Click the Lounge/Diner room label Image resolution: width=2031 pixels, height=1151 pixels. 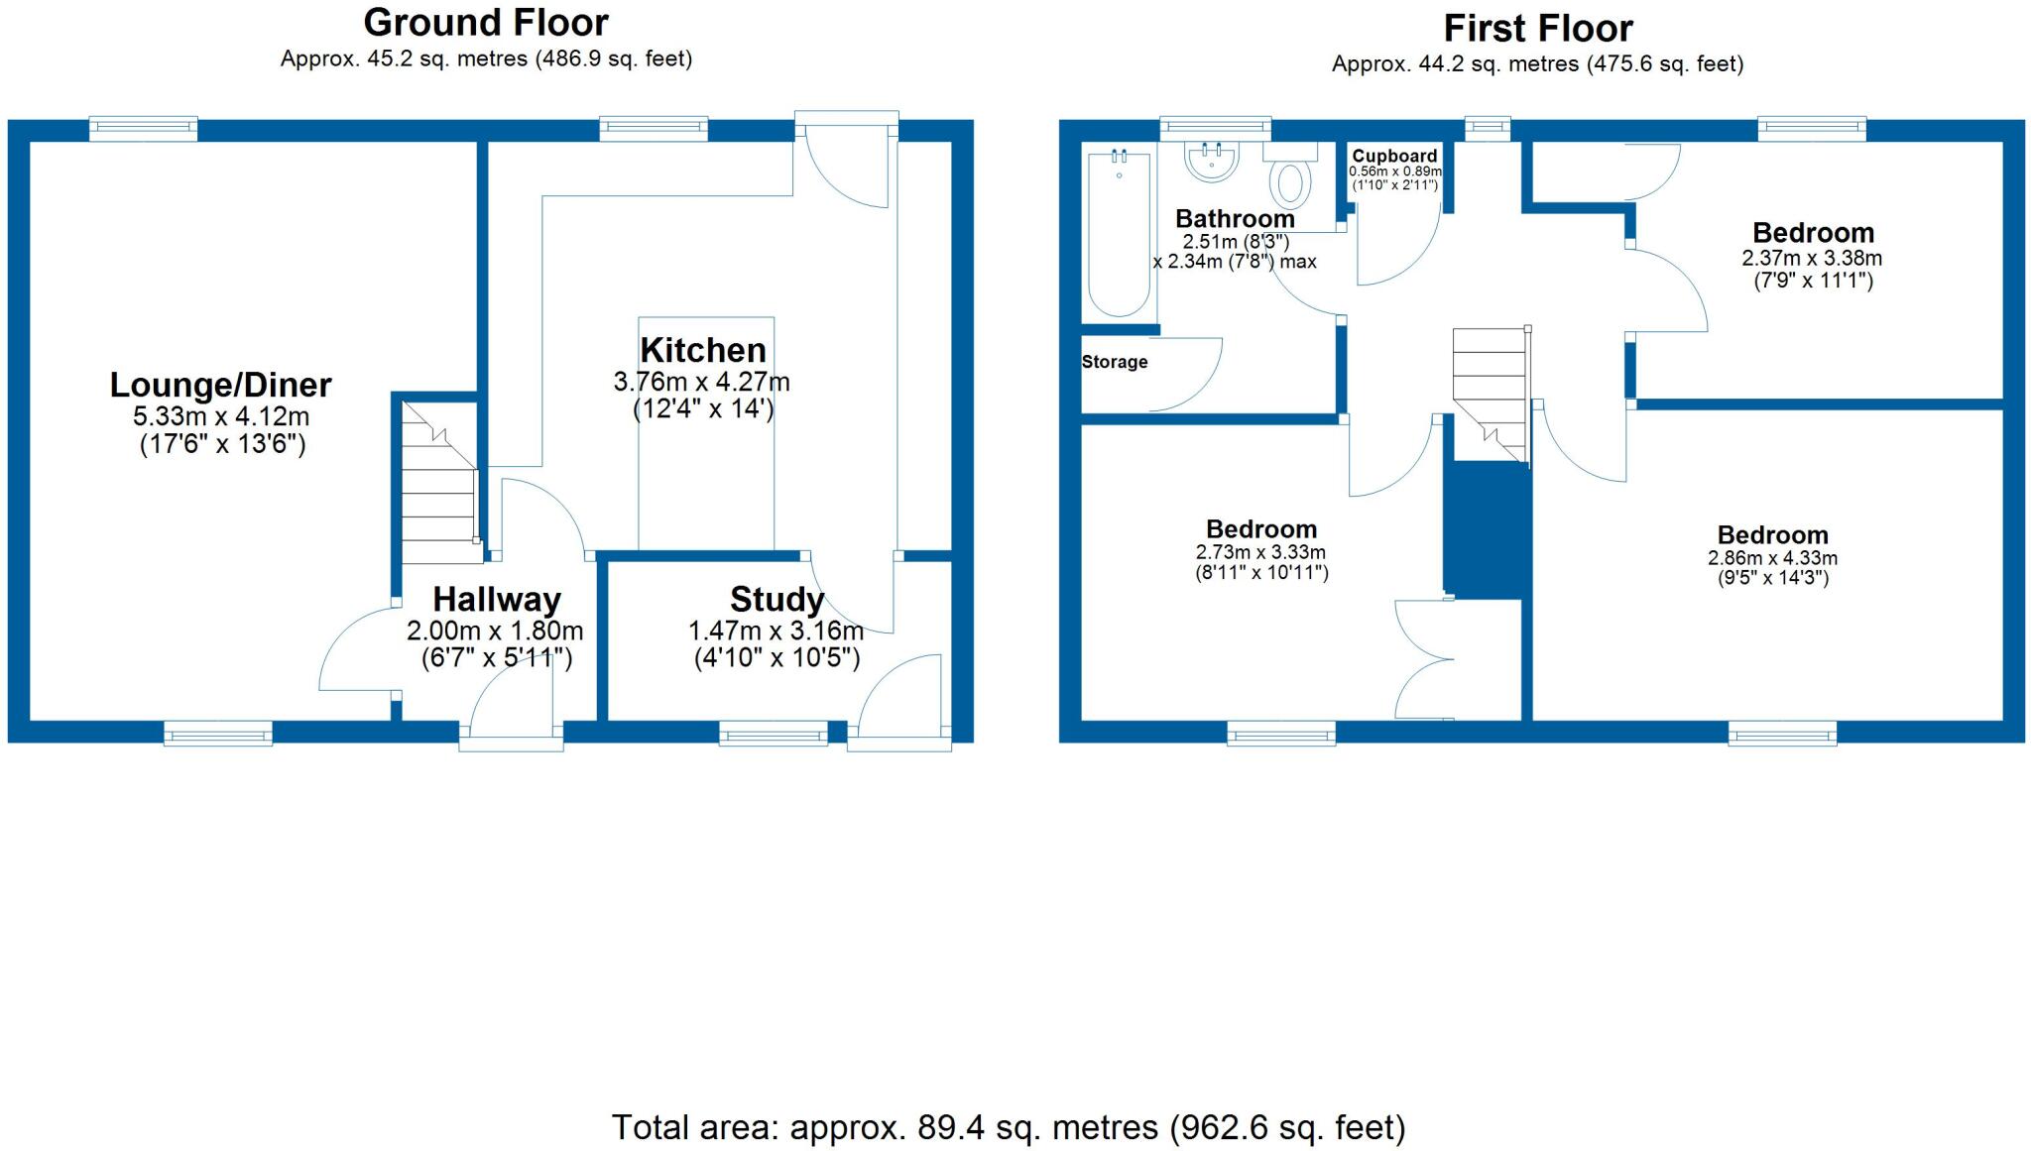(x=220, y=385)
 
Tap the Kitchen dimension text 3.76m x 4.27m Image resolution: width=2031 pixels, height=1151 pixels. (x=701, y=382)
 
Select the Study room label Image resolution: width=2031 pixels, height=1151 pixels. (x=777, y=600)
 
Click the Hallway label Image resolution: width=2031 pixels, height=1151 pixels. (x=496, y=600)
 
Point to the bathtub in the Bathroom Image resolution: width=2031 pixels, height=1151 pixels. (x=1119, y=233)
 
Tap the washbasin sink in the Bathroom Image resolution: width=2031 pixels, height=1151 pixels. (x=1212, y=162)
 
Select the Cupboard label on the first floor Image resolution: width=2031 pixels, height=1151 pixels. (x=1394, y=157)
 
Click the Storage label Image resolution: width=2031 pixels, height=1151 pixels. (x=1115, y=362)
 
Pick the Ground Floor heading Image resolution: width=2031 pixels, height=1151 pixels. (x=486, y=22)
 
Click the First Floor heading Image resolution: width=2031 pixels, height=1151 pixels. (x=1537, y=28)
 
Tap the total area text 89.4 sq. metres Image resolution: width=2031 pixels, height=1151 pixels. (x=1008, y=1127)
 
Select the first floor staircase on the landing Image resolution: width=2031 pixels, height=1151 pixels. (x=1489, y=392)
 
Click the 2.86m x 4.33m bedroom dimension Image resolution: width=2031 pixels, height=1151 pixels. (x=1772, y=558)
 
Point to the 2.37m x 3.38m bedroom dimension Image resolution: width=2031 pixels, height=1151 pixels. (x=1812, y=258)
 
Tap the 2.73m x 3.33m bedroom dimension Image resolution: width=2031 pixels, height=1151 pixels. (x=1260, y=552)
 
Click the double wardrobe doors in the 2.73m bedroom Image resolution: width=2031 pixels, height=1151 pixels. (x=1420, y=659)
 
